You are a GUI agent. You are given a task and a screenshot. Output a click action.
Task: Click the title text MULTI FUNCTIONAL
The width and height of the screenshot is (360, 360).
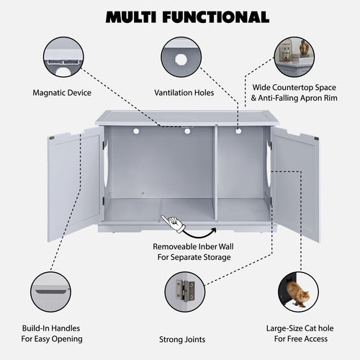click(180, 17)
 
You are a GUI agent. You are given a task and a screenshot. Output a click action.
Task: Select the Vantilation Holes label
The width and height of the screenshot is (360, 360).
click(184, 93)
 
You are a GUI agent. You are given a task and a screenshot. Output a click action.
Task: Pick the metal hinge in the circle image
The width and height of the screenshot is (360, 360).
click(184, 291)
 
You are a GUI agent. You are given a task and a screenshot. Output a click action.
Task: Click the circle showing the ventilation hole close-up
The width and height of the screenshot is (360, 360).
click(180, 58)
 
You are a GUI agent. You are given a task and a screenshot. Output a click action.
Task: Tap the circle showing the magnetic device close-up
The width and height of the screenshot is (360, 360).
click(63, 58)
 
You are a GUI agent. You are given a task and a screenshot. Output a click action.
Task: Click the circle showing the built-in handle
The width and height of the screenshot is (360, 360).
click(50, 291)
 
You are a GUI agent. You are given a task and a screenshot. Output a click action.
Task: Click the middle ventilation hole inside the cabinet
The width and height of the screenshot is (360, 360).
click(187, 131)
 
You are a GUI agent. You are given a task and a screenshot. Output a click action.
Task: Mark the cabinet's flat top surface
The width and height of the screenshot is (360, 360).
click(186, 117)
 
